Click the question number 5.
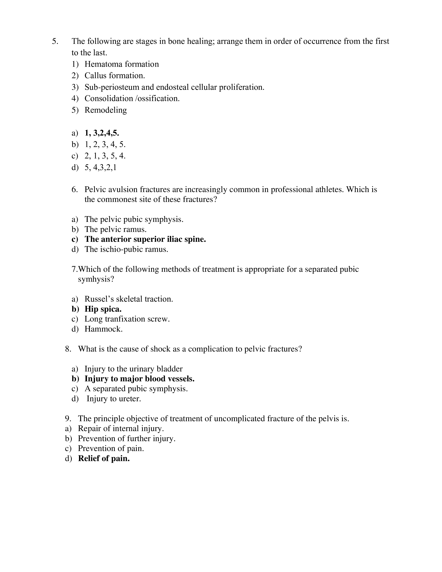(55, 41)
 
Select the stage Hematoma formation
(122, 64)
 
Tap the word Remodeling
(106, 110)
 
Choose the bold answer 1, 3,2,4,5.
(102, 133)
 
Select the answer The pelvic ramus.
(115, 229)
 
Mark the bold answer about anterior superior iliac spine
(145, 239)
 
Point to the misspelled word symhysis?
(96, 279)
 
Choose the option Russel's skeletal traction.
(129, 299)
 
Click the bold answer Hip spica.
(103, 309)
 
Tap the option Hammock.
(103, 329)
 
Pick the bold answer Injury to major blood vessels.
(139, 379)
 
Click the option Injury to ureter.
(114, 399)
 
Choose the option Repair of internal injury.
(121, 429)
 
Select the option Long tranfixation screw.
(127, 319)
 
